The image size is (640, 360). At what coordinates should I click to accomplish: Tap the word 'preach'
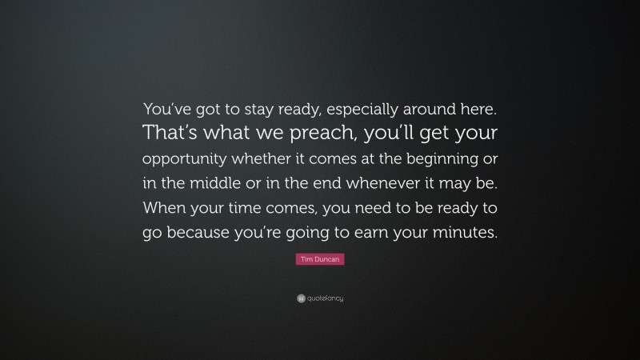tap(294, 131)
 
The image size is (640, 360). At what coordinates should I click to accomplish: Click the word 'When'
tap(164, 207)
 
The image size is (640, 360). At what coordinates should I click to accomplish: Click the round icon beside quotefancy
tap(301, 298)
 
